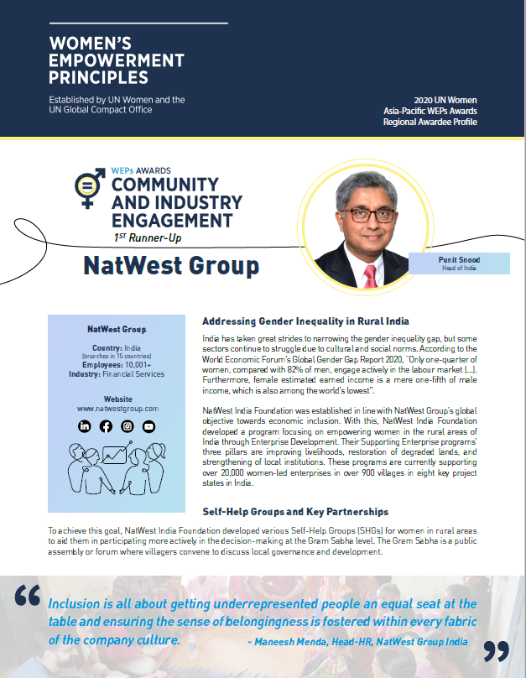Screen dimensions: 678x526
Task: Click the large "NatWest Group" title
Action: click(x=171, y=267)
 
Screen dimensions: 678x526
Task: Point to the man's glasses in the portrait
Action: click(x=371, y=215)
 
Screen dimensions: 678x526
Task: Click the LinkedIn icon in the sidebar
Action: click(x=85, y=426)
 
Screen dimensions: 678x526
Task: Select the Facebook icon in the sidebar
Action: click(x=106, y=426)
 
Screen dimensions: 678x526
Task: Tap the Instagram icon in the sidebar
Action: click(x=128, y=426)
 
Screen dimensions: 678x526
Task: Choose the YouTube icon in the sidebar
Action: click(x=148, y=426)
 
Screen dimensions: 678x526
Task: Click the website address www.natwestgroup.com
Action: click(x=117, y=408)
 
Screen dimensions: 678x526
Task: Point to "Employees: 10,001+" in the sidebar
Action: click(x=117, y=365)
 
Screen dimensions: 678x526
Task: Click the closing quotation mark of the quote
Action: click(x=496, y=650)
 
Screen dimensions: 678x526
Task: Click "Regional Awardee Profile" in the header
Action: click(x=430, y=123)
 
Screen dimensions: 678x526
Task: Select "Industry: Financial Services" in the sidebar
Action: click(x=117, y=374)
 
